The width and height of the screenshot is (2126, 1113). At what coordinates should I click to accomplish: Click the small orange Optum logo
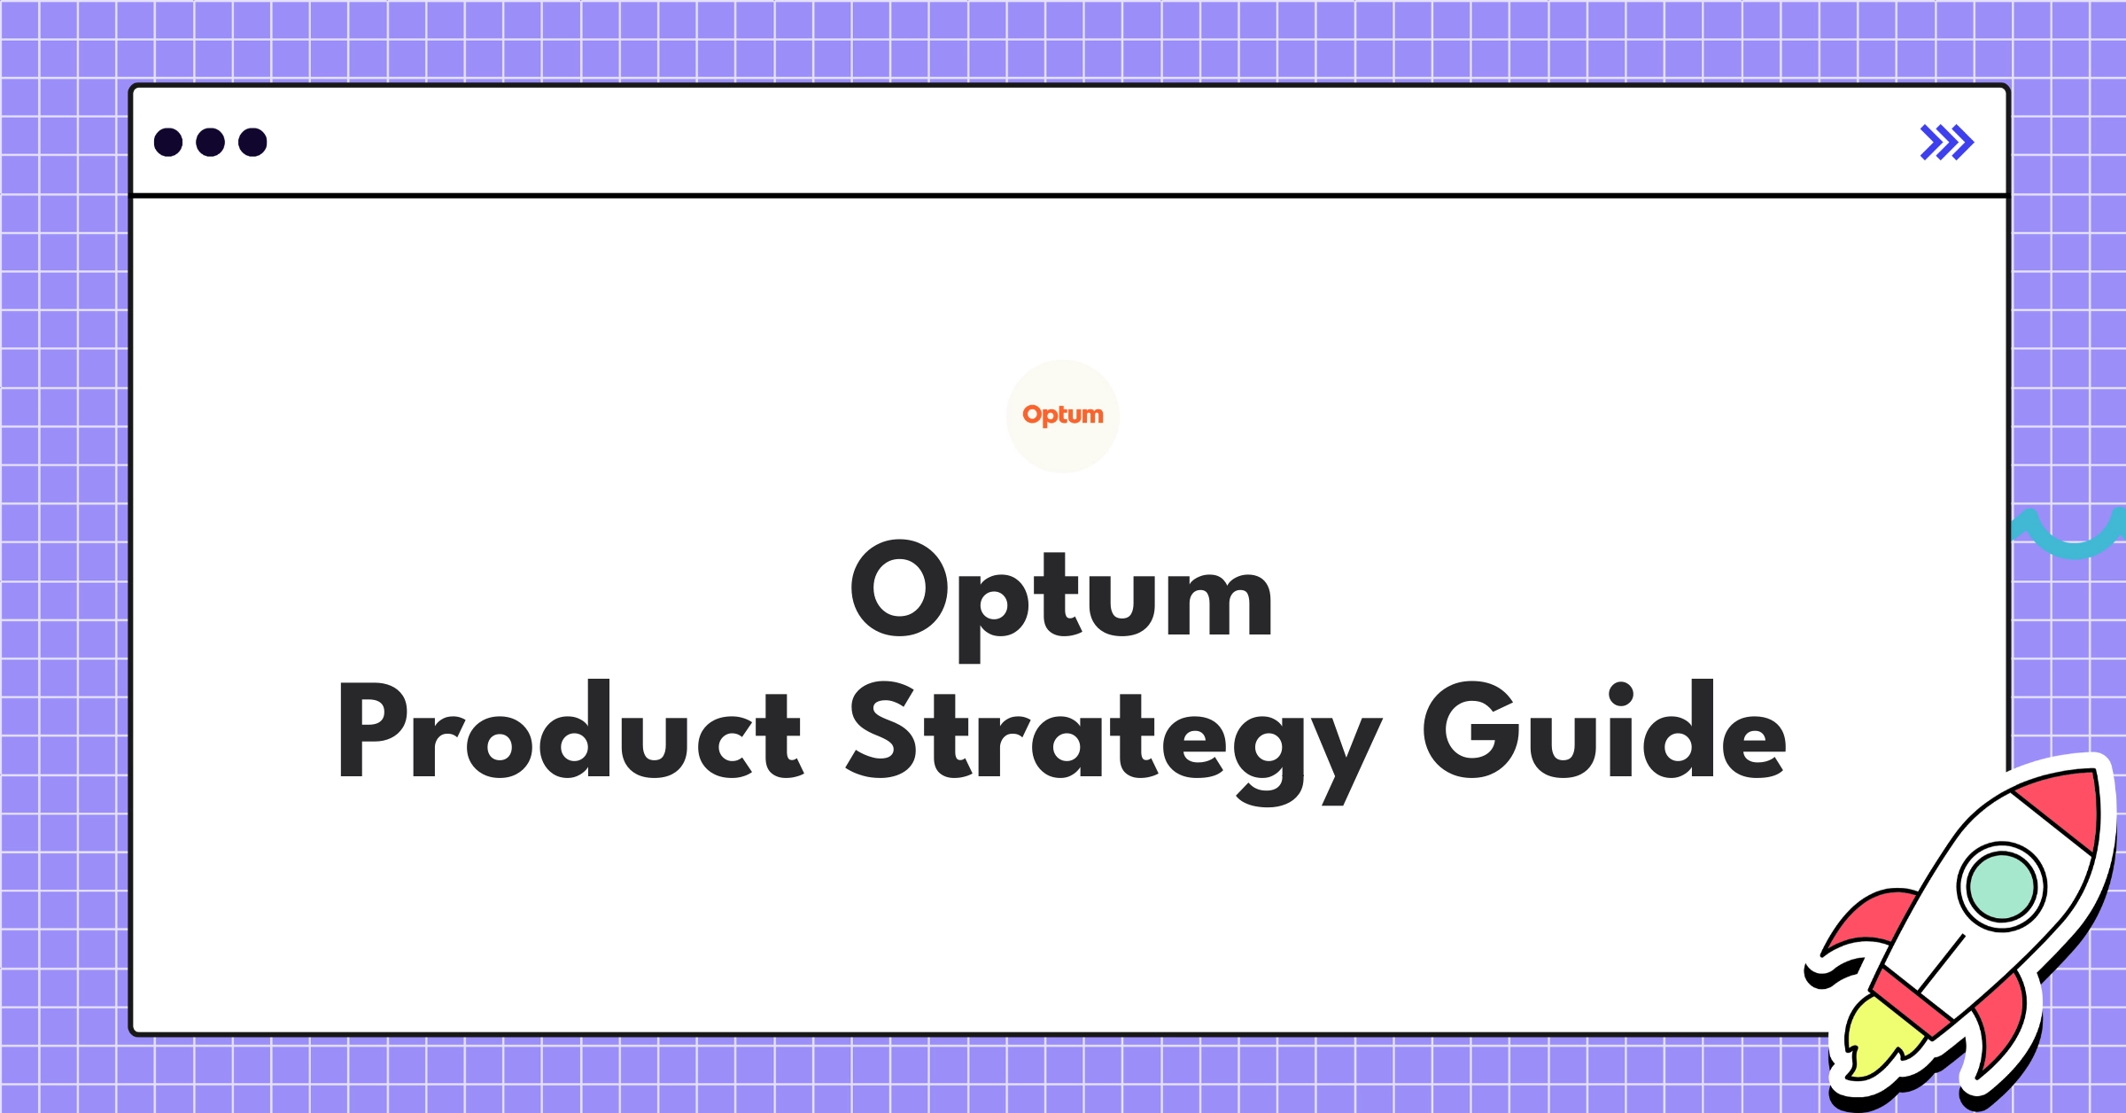click(1063, 415)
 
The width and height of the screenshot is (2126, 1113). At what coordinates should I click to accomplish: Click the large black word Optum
click(1062, 594)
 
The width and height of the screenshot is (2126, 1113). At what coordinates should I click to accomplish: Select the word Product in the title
click(569, 732)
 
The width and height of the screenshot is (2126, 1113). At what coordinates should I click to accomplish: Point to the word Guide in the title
click(1604, 732)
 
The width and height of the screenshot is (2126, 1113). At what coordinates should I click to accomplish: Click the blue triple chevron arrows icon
click(1946, 143)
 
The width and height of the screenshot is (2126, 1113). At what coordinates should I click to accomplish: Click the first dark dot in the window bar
click(168, 143)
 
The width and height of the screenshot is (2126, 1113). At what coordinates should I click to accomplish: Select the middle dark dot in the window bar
click(211, 143)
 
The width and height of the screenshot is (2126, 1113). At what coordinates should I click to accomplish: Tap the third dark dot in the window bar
click(252, 143)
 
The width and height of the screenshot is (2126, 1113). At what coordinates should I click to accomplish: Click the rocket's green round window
click(2001, 886)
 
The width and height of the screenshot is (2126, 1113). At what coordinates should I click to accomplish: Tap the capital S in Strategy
click(881, 732)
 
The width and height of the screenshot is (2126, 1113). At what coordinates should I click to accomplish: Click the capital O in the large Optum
click(899, 589)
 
